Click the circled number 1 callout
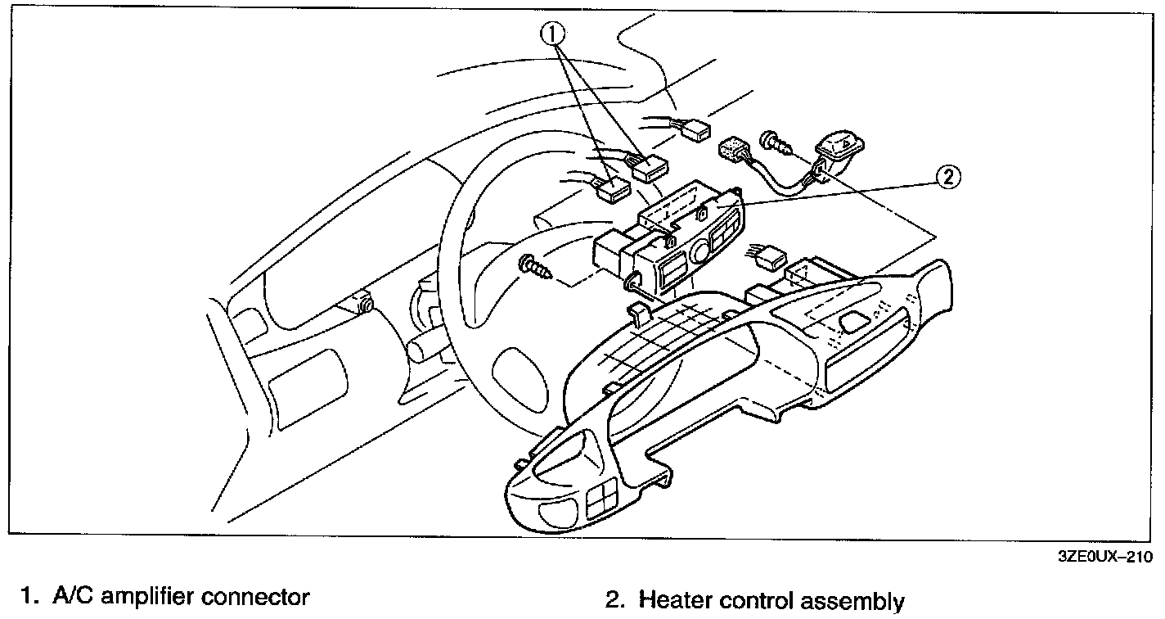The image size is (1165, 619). pyautogui.click(x=553, y=34)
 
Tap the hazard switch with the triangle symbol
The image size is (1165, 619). pyautogui.click(x=842, y=148)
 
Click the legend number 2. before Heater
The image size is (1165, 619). pyautogui.click(x=614, y=601)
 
